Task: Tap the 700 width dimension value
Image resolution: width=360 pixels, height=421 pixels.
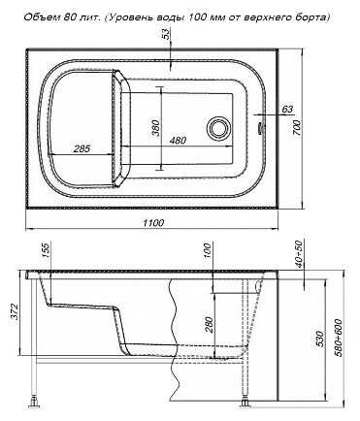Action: [298, 128]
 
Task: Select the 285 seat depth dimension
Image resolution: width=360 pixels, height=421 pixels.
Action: [82, 148]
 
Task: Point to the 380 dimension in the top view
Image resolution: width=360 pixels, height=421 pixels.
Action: [155, 128]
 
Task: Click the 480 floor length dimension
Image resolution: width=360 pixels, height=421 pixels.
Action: [178, 141]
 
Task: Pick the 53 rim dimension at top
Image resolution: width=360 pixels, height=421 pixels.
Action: [166, 34]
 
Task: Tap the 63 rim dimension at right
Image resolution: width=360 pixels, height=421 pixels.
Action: [287, 109]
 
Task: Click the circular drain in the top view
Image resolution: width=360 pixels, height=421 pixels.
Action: [218, 127]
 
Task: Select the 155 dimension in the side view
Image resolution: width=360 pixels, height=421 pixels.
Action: [47, 251]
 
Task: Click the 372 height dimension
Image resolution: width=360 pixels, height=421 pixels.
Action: [14, 311]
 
